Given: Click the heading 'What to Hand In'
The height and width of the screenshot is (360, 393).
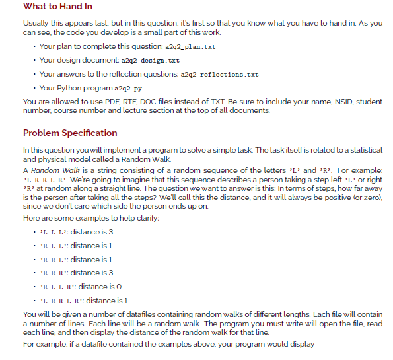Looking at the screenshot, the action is [x=57, y=7].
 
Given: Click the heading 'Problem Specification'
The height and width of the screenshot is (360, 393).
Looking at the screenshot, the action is [x=70, y=133].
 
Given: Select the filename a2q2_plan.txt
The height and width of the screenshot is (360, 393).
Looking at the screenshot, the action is [x=192, y=48].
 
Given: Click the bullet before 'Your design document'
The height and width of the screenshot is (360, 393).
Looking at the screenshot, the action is [x=34, y=61].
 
